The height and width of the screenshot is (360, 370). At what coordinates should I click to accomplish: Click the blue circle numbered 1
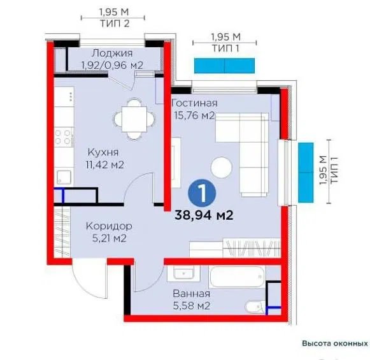[x=202, y=193]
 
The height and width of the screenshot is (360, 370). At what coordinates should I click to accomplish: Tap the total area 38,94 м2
[x=204, y=215]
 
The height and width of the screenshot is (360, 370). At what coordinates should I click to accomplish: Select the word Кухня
[x=103, y=152]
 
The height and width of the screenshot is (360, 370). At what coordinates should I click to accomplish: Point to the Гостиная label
[x=194, y=103]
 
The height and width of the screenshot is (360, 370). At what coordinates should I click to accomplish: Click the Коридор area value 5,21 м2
[x=110, y=238]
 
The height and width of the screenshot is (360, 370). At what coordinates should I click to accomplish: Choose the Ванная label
[x=192, y=294]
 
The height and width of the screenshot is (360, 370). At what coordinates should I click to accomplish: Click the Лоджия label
[x=112, y=53]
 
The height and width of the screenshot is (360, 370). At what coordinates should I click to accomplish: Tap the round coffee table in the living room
[x=222, y=168]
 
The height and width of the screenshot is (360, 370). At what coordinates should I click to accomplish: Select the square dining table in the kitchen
[x=134, y=119]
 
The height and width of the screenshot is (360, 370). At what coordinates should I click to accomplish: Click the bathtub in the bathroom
[x=237, y=277]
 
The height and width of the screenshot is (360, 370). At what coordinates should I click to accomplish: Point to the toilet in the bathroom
[x=255, y=307]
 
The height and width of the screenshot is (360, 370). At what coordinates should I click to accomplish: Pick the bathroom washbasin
[x=183, y=273]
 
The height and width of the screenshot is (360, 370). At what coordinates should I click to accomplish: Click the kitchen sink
[x=64, y=177]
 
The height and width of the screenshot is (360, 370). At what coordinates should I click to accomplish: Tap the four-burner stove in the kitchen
[x=63, y=137]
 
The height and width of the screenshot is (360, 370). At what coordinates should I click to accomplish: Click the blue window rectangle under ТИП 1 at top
[x=224, y=66]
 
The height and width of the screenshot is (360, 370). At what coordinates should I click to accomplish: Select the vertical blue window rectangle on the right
[x=306, y=173]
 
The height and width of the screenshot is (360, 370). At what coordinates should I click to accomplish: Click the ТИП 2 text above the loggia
[x=115, y=24]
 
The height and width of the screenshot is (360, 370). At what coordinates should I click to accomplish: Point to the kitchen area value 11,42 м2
[x=105, y=165]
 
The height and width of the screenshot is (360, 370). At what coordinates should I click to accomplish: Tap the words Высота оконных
[x=335, y=343]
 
